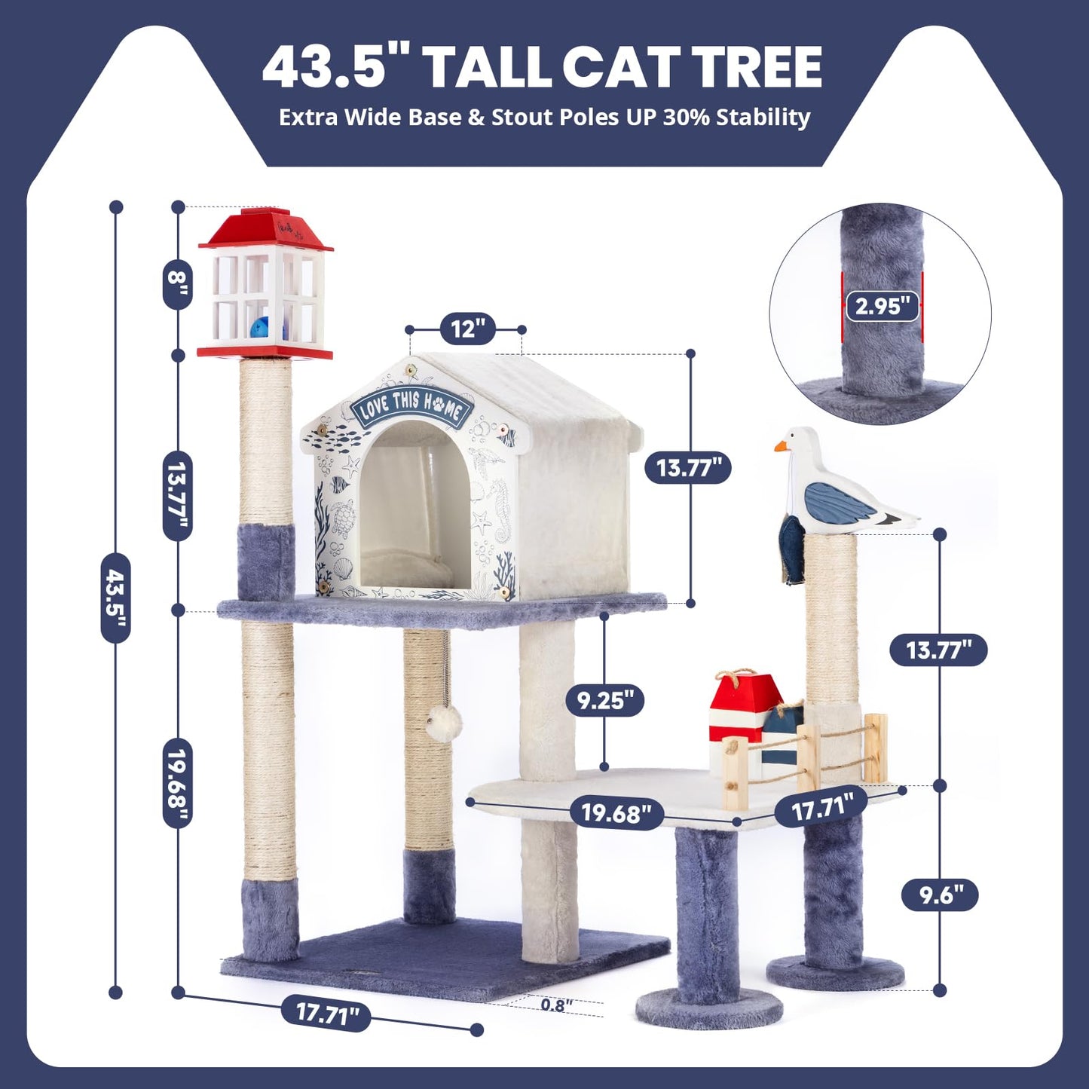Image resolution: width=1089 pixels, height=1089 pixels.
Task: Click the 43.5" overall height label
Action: point(115,598)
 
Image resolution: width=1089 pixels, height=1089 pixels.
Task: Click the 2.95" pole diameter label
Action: point(882,306)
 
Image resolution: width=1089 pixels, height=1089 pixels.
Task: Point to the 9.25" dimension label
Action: point(605,701)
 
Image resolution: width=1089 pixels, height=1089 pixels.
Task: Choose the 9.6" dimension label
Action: point(940,895)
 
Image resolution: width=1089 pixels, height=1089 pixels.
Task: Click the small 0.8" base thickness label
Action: point(556,1005)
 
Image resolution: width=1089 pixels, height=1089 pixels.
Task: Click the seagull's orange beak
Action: point(781,446)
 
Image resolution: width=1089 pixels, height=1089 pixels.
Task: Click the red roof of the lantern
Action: point(265,230)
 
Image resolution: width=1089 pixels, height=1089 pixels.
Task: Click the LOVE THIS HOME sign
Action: point(411,407)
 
